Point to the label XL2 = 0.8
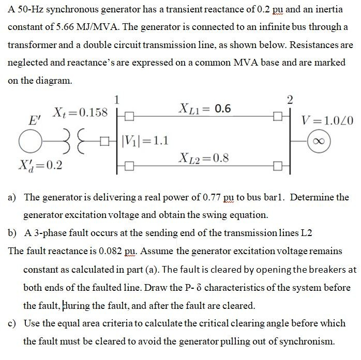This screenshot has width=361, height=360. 205,157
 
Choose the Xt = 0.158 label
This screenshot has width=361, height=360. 81,112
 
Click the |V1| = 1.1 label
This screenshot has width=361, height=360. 146,140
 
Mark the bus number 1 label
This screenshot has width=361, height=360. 117,99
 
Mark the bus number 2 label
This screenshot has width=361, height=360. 290,99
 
